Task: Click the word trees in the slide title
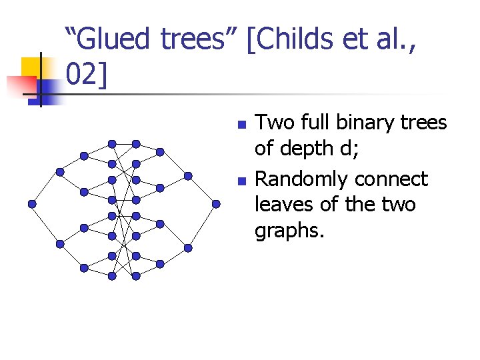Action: [x=200, y=39]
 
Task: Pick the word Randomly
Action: [x=302, y=180]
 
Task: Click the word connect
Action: [x=391, y=180]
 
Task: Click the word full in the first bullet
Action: [x=317, y=123]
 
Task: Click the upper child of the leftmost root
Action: [x=60, y=171]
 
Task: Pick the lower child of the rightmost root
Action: [x=188, y=247]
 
